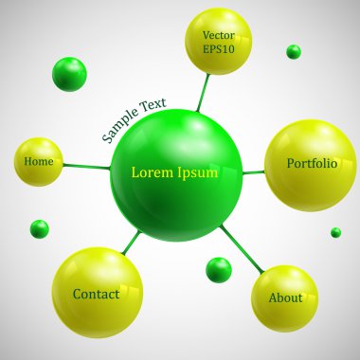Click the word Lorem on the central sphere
pos(152,173)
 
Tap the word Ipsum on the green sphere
pos(197,173)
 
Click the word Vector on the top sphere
pos(218,35)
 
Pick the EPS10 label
pos(218,49)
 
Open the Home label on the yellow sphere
pos(39,161)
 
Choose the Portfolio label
pos(312,164)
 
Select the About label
pos(285,297)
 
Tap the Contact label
pos(96,295)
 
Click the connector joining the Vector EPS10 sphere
pos(203,92)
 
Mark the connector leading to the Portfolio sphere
pos(253,172)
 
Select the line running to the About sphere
pos(241,247)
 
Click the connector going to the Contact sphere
pos(132,243)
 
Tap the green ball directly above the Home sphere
pos(69,74)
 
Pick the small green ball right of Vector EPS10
pos(294,51)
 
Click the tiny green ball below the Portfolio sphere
pos(335,232)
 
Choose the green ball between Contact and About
pos(219,270)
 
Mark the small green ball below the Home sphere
pos(39,228)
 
